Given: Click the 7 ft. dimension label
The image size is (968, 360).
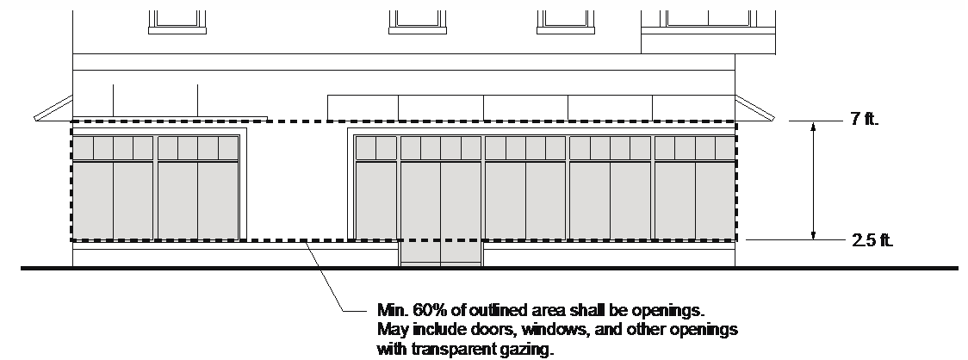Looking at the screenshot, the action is click(864, 120).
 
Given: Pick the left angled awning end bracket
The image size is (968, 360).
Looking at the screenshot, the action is click(53, 109).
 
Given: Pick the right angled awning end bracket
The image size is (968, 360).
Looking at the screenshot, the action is click(755, 107).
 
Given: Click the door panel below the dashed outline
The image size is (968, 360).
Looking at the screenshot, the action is click(440, 253).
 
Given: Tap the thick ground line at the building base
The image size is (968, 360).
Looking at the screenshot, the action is click(482, 270).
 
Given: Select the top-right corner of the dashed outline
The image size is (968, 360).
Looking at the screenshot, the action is click(735, 121).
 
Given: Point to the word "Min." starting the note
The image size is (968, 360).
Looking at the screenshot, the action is click(391, 308).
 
